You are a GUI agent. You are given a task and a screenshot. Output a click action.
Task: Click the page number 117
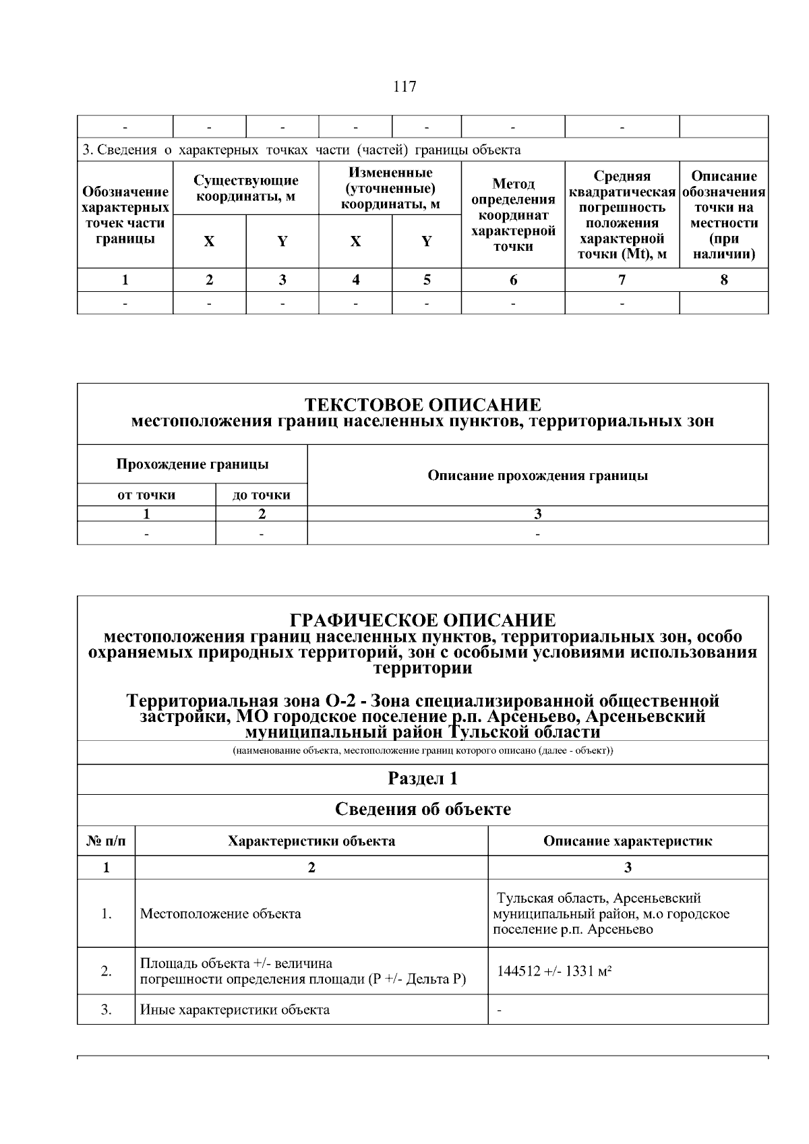pos(404,87)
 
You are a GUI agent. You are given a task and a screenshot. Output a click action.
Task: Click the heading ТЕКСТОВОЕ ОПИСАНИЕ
pos(423,404)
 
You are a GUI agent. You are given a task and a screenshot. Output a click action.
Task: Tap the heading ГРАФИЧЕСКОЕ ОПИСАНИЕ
pos(423,620)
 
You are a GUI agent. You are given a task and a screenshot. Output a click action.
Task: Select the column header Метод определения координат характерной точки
pos(513,214)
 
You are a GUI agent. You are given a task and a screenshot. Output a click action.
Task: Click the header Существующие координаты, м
pos(246,189)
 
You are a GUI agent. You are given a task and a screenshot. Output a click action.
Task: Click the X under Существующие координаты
pos(210,241)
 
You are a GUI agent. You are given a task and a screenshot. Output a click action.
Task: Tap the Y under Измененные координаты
pos(427,241)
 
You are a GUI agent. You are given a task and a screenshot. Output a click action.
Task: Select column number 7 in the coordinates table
pos(622,280)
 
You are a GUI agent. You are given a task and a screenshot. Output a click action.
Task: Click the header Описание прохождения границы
pos(537,475)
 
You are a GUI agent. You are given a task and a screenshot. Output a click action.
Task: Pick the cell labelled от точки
pos(146,495)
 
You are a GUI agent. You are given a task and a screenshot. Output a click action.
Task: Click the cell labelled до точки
pos(262,495)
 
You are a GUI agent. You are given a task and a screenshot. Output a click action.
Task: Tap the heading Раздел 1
pos(423,779)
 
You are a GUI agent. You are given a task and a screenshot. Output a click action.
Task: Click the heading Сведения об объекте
pos(423,809)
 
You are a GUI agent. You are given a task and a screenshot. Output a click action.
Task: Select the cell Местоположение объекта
pos(220,914)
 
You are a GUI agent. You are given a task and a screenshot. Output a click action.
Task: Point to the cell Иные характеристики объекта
pos(235,1010)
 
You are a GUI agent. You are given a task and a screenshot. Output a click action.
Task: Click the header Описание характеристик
pos(628,841)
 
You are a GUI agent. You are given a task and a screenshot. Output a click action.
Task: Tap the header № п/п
pos(106,841)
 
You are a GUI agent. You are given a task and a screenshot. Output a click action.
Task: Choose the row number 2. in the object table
pos(106,971)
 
